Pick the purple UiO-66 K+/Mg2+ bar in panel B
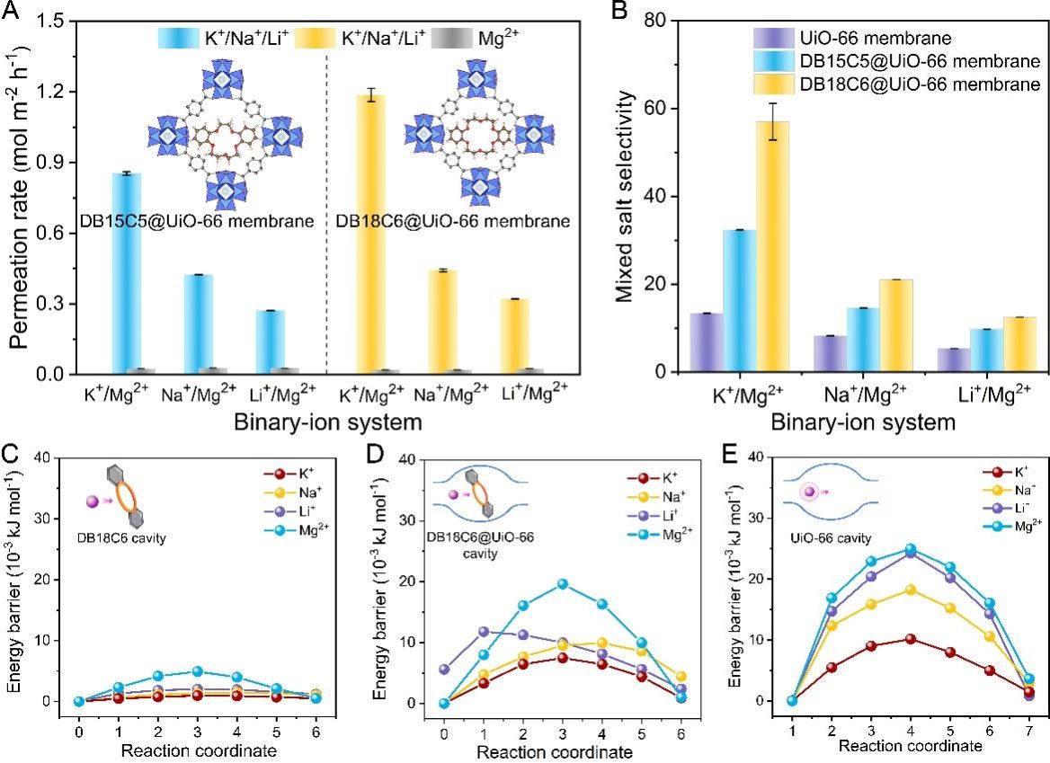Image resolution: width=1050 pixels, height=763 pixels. [706, 342]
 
